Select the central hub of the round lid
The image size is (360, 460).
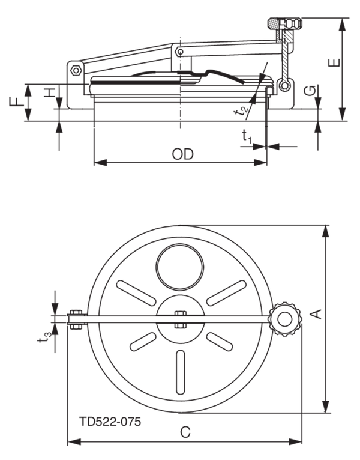179,317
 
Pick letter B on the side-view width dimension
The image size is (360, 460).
182,154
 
